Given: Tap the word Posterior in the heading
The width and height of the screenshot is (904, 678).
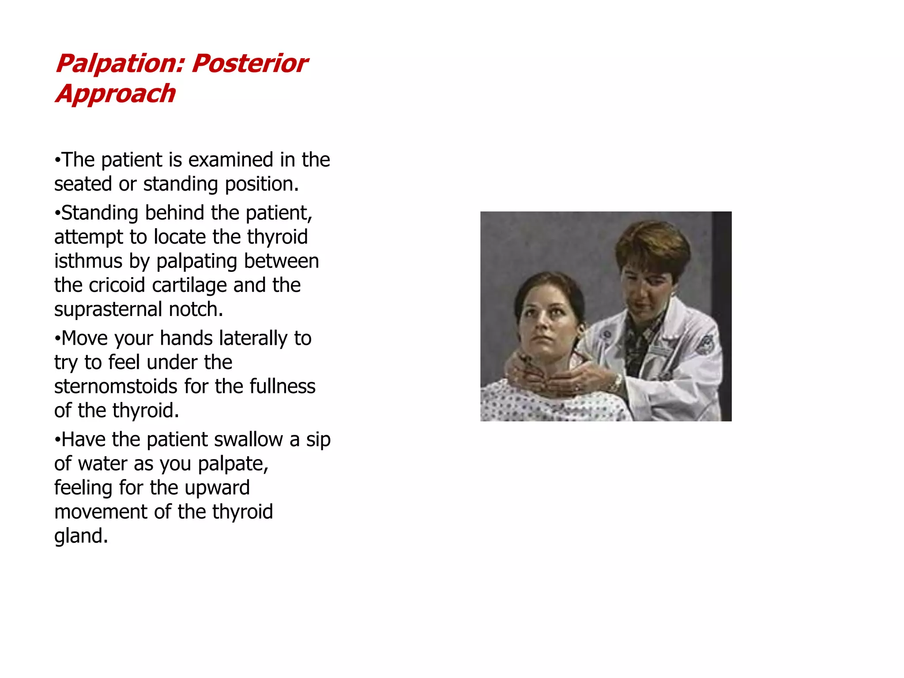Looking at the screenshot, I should click(250, 63).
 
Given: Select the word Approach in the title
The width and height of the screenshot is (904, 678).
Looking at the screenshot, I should click(116, 94).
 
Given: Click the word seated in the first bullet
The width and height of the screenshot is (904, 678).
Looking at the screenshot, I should click(83, 184).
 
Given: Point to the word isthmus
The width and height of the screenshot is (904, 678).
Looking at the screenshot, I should click(88, 261).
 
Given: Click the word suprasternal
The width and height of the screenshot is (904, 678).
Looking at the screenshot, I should click(109, 309).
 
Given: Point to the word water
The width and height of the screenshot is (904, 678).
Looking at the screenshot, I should click(103, 464).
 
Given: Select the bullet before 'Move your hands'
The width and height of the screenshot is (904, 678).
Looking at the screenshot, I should click(57, 339).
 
